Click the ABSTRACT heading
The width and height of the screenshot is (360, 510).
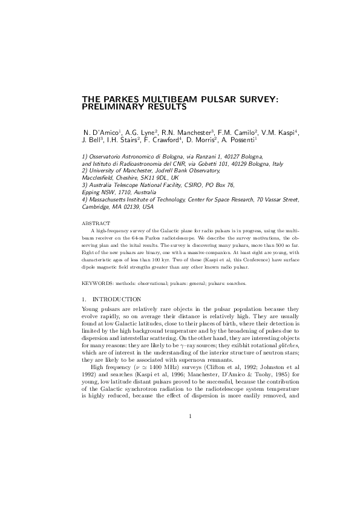pyautogui.click(x=93, y=223)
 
